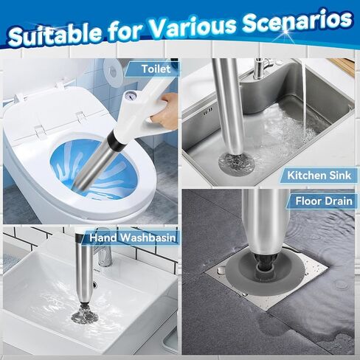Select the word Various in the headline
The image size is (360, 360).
194,27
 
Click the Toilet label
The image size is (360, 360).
156,69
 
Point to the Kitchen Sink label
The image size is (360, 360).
319,176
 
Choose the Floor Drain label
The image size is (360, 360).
324,201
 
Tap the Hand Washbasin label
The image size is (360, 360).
133,238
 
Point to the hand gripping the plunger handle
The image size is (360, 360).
164,108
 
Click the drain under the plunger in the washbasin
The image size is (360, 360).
85,316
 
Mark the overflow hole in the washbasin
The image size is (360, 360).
94,285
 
